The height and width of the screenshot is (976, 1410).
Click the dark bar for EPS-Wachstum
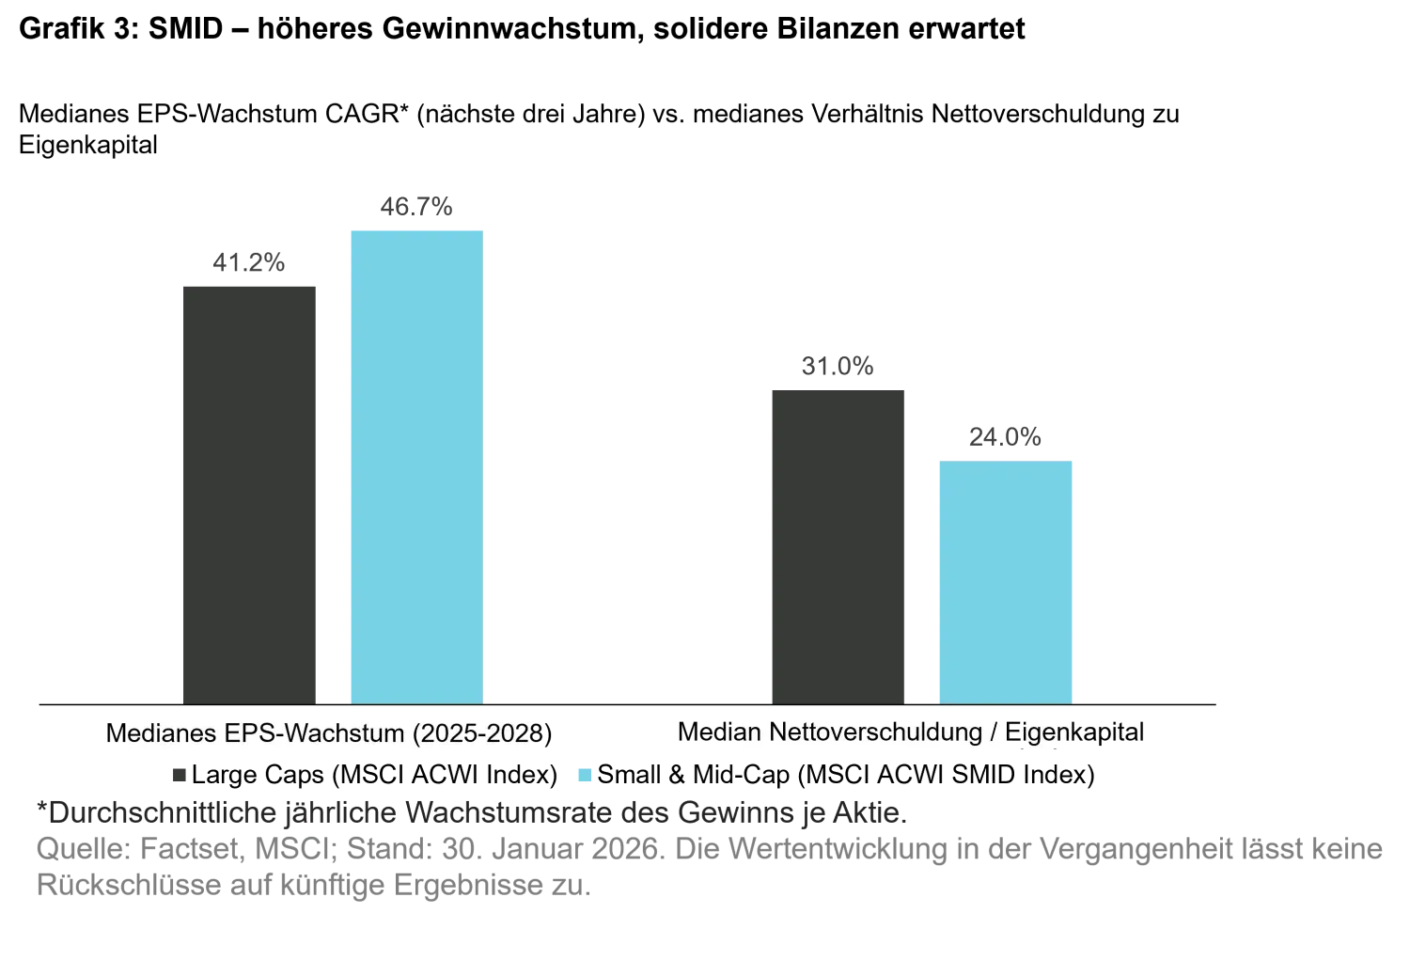248,494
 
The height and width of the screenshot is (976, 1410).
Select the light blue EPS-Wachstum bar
417,464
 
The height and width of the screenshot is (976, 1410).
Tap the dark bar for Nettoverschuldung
838,543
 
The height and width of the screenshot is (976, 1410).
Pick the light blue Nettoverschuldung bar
1004,580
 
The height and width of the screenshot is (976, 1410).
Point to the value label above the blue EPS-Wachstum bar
417,207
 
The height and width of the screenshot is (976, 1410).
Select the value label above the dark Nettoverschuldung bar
838,365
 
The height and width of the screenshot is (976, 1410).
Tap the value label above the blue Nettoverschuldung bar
1004,438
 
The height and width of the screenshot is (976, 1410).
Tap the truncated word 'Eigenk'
1040,732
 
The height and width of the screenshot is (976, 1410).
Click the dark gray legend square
180,775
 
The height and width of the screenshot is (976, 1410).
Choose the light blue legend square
584,775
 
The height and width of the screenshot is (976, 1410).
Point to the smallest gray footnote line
315,885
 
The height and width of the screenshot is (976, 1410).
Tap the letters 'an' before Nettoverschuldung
750,732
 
